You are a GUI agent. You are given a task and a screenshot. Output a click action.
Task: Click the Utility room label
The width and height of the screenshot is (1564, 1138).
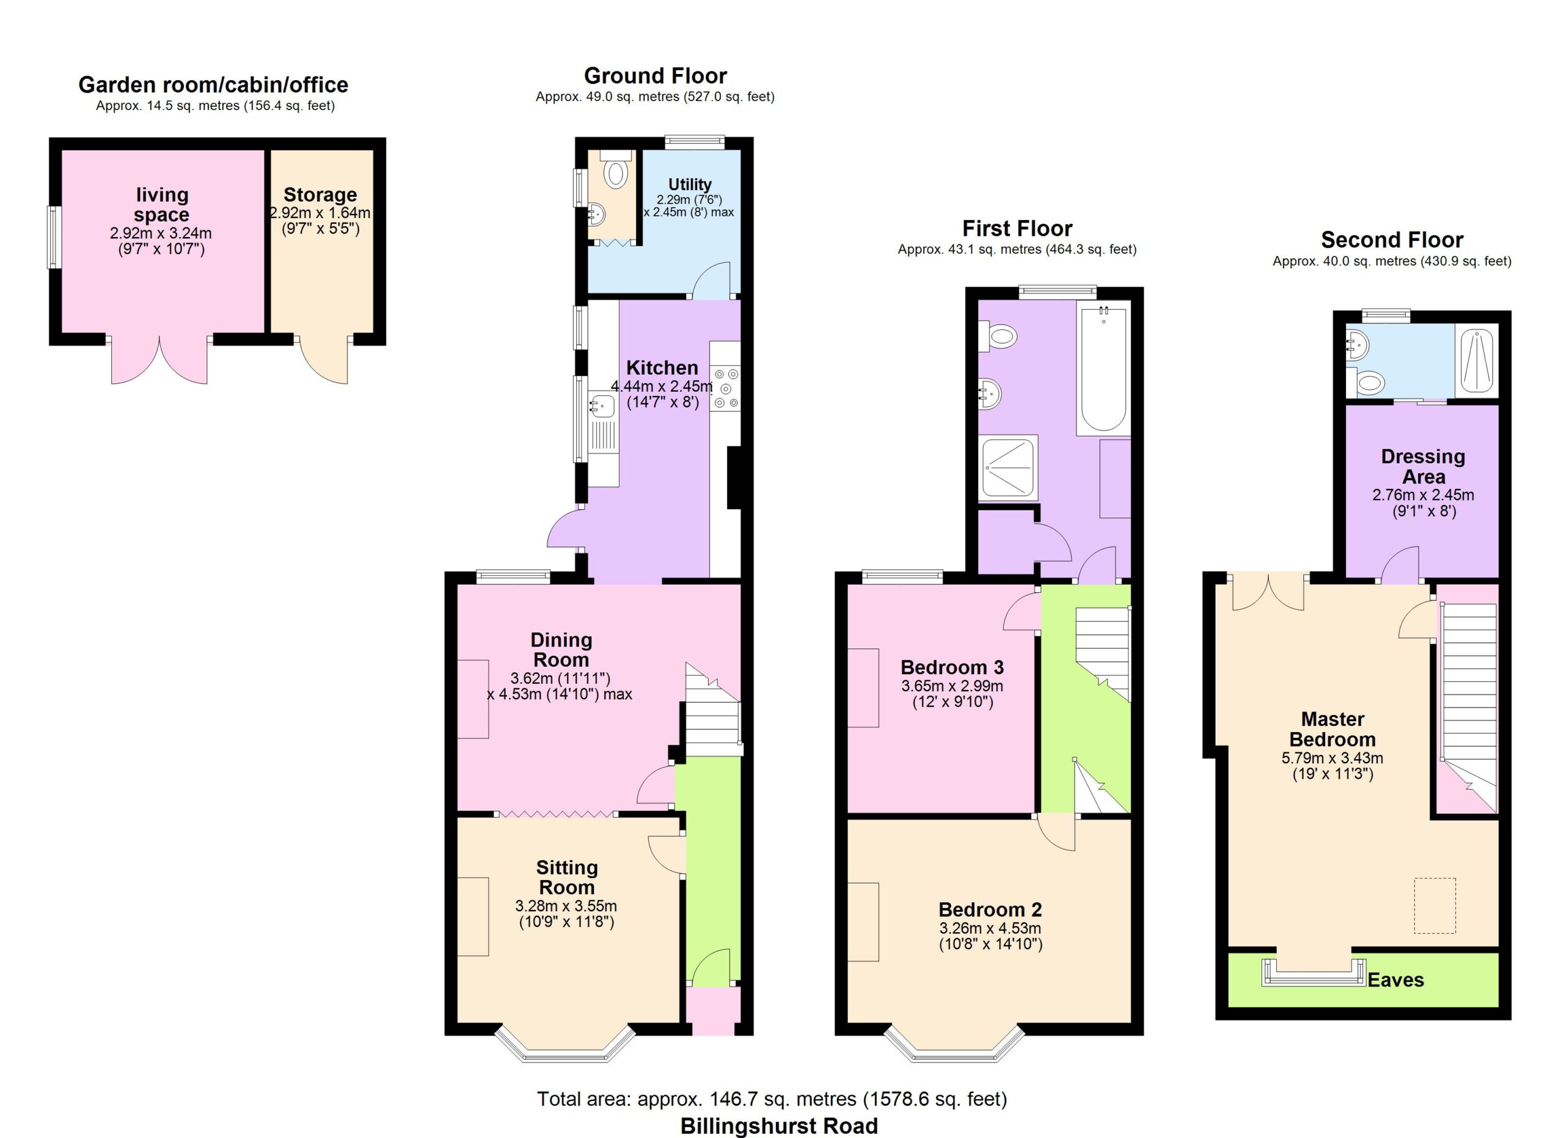pyautogui.click(x=690, y=184)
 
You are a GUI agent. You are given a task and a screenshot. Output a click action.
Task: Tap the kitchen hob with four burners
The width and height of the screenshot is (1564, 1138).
pyautogui.click(x=725, y=387)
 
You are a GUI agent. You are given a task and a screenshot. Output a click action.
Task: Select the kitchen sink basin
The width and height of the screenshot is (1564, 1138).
pyautogui.click(x=602, y=406)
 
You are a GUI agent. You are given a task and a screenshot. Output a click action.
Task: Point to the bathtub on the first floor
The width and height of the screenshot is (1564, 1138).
pyautogui.click(x=1103, y=371)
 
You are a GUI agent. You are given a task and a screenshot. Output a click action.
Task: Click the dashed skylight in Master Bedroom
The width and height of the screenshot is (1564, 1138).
pyautogui.click(x=1435, y=906)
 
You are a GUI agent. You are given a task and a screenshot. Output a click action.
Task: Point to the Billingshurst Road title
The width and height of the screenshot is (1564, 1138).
pyautogui.click(x=779, y=1126)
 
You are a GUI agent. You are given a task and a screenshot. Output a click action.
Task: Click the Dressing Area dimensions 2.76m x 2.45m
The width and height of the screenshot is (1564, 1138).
pyautogui.click(x=1423, y=494)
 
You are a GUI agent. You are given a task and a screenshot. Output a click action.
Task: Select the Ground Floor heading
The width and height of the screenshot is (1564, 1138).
pyautogui.click(x=655, y=75)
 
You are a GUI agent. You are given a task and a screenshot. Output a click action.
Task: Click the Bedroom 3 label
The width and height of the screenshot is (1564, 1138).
pyautogui.click(x=952, y=667)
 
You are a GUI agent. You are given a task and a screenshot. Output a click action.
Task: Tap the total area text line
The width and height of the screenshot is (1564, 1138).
pyautogui.click(x=772, y=1099)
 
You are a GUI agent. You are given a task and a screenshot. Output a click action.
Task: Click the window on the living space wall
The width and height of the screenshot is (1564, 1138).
pyautogui.click(x=53, y=237)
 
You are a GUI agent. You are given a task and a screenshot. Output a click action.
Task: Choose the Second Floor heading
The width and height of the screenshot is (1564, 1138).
pyautogui.click(x=1392, y=240)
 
